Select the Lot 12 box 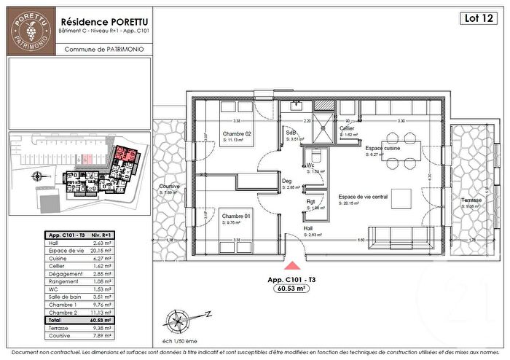pyautogui.click(x=476, y=19)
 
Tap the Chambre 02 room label pyautogui.click(x=237, y=134)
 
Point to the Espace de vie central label pyautogui.click(x=364, y=197)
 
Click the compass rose pyautogui.click(x=178, y=318)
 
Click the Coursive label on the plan pyautogui.click(x=170, y=187)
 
